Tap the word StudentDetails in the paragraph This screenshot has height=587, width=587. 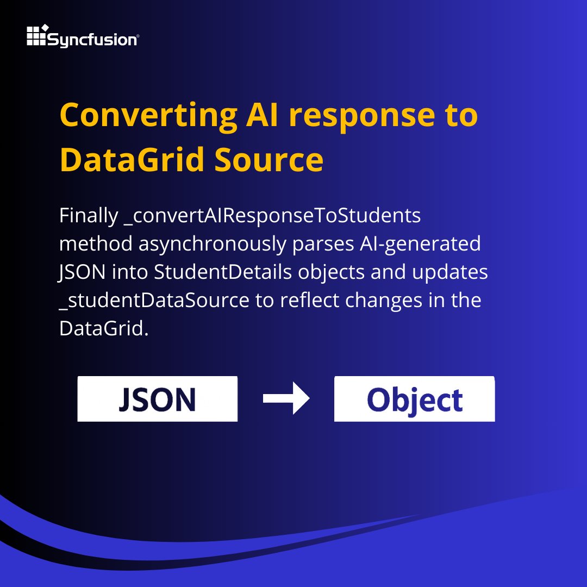point(223,272)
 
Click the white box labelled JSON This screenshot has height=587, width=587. point(157,398)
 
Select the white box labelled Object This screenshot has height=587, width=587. point(414,398)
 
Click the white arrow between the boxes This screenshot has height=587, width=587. point(286,398)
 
